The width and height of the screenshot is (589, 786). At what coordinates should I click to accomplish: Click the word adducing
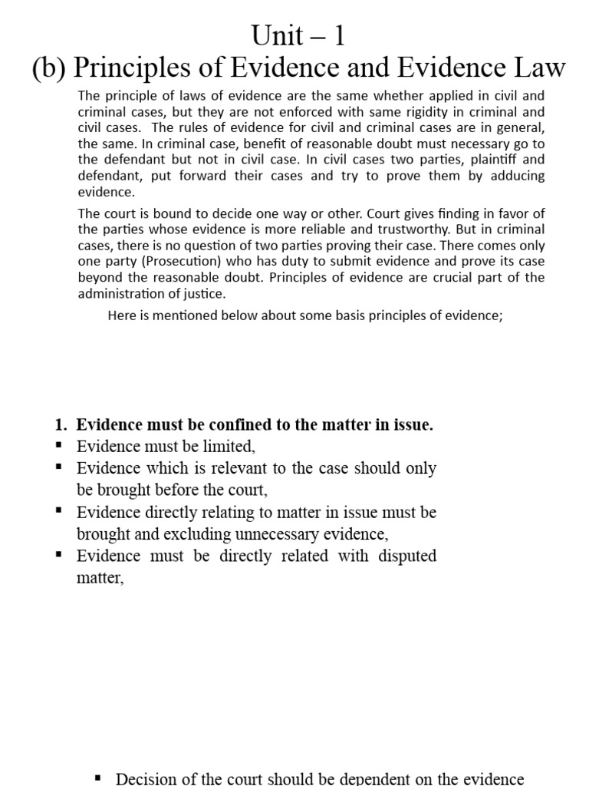[518, 176]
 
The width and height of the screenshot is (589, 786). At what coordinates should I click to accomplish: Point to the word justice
[206, 294]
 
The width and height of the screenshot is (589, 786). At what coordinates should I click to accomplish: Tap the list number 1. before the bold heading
[62, 425]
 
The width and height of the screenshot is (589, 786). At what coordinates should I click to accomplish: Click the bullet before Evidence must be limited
[59, 446]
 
